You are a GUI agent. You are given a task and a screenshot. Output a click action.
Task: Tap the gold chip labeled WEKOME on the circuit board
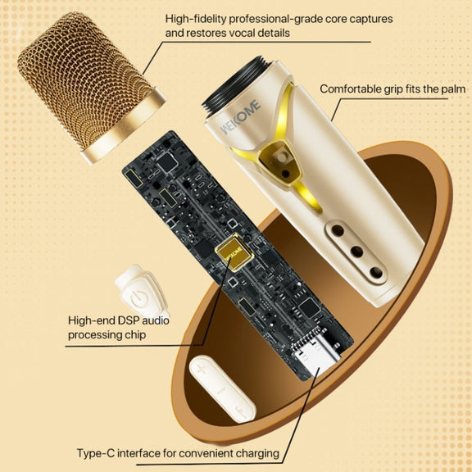coord(234,252)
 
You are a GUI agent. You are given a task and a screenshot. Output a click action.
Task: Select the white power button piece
coord(141,292)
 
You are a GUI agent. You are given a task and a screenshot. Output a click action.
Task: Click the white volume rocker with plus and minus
coord(222,388)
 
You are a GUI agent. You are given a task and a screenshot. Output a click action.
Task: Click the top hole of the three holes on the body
coord(338,230)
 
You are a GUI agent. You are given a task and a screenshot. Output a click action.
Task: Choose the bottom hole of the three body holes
coord(376,272)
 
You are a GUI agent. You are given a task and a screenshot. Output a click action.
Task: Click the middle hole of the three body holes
coord(357,252)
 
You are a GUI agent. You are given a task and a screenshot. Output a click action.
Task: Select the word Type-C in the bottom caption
coord(95,453)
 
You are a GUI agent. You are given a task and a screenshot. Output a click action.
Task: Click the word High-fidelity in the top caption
coord(196,20)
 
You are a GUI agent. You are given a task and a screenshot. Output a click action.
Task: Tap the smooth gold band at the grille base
coord(124,126)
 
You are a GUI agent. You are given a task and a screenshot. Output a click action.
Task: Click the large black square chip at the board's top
coord(167,162)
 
